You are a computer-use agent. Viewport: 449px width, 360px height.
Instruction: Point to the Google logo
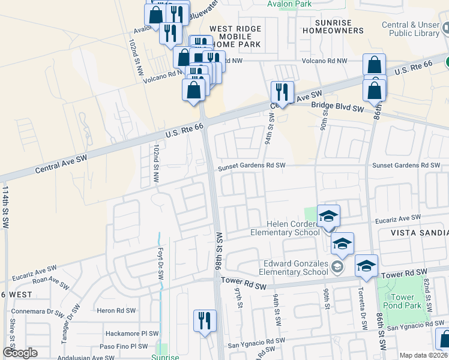click(20, 353)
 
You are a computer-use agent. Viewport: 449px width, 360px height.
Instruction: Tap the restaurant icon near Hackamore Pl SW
click(205, 322)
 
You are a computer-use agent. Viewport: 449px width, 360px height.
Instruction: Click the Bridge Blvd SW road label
click(337, 108)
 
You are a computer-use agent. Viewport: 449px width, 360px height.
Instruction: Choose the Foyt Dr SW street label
click(160, 263)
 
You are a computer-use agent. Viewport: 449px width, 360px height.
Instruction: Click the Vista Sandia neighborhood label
click(420, 232)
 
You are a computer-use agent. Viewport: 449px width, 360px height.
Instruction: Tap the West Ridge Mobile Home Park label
click(235, 37)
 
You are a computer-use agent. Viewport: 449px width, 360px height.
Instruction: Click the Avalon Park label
click(289, 4)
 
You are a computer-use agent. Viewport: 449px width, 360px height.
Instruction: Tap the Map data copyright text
click(422, 355)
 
